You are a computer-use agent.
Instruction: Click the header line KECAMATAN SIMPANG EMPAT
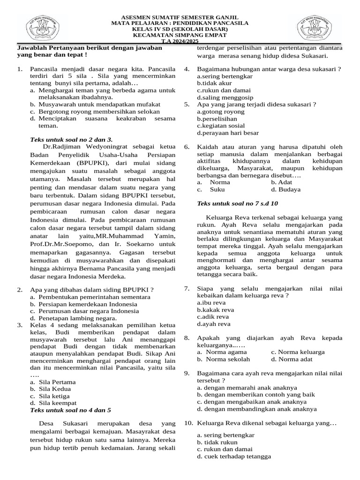click(x=180, y=35)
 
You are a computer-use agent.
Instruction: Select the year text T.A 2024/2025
click(x=180, y=41)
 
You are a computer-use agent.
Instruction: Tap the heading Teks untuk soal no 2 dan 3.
click(x=71, y=139)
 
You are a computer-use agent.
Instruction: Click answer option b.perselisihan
click(x=217, y=119)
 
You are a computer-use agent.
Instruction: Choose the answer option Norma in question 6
click(x=219, y=182)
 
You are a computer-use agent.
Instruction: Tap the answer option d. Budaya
click(x=286, y=189)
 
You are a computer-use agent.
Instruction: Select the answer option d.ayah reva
click(x=214, y=323)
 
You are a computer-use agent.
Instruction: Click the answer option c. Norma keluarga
click(x=298, y=352)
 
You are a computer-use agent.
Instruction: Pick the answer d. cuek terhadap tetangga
click(x=234, y=456)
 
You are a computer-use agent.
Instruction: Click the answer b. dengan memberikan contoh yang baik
click(x=255, y=394)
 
